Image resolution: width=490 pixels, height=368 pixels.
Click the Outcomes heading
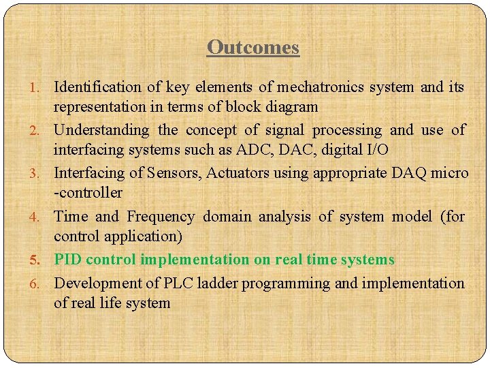coord(253,47)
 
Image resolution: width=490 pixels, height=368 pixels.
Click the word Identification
coord(97,87)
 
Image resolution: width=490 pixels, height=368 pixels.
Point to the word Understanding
coord(101,129)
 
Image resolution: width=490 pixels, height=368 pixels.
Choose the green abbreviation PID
coord(69,260)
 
